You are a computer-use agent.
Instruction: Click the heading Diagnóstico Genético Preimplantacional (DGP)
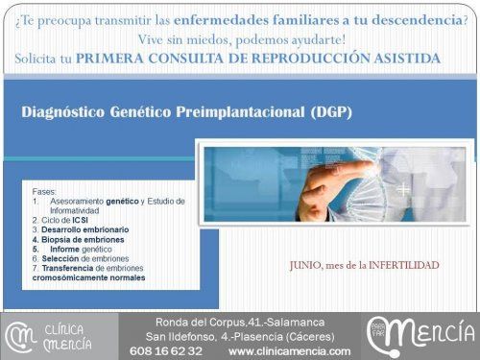coord(187,112)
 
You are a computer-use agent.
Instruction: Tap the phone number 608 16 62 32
coord(166,351)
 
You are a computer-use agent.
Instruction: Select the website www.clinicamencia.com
coord(289,351)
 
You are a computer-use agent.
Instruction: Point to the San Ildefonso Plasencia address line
coord(239,337)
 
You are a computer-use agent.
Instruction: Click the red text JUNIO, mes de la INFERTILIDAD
coord(364,264)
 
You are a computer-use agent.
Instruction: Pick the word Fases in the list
coord(46,191)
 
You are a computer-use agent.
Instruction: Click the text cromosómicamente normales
coord(88,278)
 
